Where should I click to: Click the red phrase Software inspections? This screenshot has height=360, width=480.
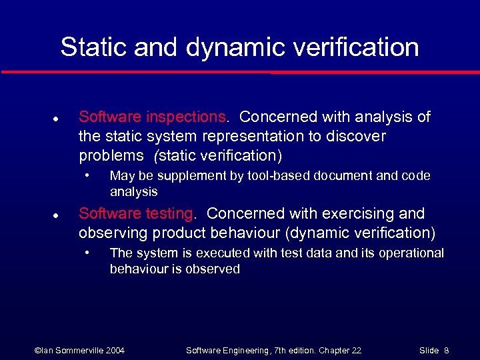(x=153, y=117)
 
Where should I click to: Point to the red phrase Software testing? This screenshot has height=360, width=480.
(x=136, y=213)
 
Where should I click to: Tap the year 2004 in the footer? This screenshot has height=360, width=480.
(x=114, y=350)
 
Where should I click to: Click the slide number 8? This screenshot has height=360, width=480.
(x=446, y=350)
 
